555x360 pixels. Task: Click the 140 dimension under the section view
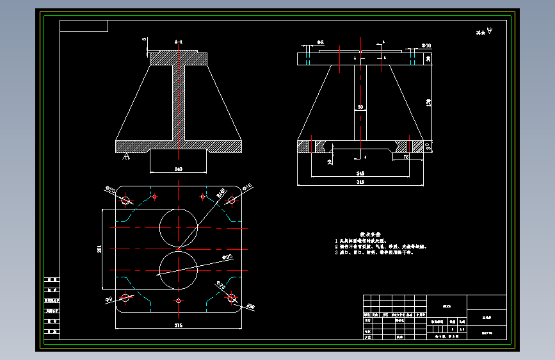[x=178, y=169]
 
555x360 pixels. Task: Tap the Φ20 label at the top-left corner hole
[x=109, y=190]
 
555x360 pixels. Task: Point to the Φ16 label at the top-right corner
[x=248, y=187]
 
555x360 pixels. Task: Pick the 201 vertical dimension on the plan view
[x=99, y=249]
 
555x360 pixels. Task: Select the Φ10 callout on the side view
[x=426, y=46]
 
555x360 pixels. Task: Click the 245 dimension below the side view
[x=360, y=173]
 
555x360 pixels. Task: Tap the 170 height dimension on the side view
[x=429, y=101]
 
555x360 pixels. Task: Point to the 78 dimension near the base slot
[x=405, y=156]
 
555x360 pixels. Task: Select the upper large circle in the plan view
[x=179, y=227]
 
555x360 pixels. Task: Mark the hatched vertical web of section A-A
[x=179, y=102]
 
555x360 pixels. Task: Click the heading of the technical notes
[x=370, y=234]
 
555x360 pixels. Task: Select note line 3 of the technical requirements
[x=374, y=252]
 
